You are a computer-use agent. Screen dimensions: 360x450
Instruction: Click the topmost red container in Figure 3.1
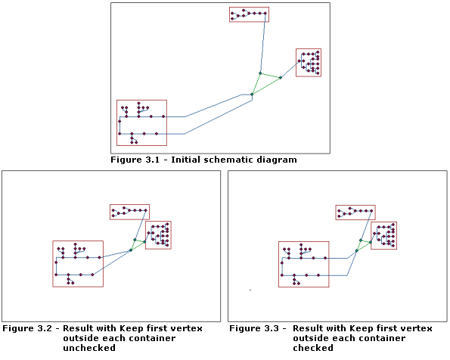click(249, 14)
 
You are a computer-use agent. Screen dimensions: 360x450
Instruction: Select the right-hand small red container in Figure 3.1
click(309, 63)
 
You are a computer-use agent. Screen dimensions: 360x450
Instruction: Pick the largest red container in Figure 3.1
click(141, 123)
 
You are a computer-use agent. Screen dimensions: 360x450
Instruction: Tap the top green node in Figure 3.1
click(260, 73)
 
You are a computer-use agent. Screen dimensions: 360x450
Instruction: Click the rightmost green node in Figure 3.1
click(280, 78)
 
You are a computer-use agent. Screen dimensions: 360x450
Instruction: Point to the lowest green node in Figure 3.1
click(252, 95)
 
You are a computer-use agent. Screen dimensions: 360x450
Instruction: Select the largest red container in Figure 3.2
click(77, 264)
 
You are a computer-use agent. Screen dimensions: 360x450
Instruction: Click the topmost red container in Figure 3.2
click(129, 212)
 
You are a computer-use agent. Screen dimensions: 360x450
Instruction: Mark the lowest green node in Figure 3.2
click(130, 250)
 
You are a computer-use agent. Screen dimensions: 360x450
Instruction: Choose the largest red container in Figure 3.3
click(303, 264)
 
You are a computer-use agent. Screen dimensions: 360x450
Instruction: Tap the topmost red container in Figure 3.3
click(355, 213)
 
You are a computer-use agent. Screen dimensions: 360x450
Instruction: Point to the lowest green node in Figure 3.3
click(356, 250)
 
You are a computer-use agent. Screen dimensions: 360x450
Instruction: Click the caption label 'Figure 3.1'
click(133, 160)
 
